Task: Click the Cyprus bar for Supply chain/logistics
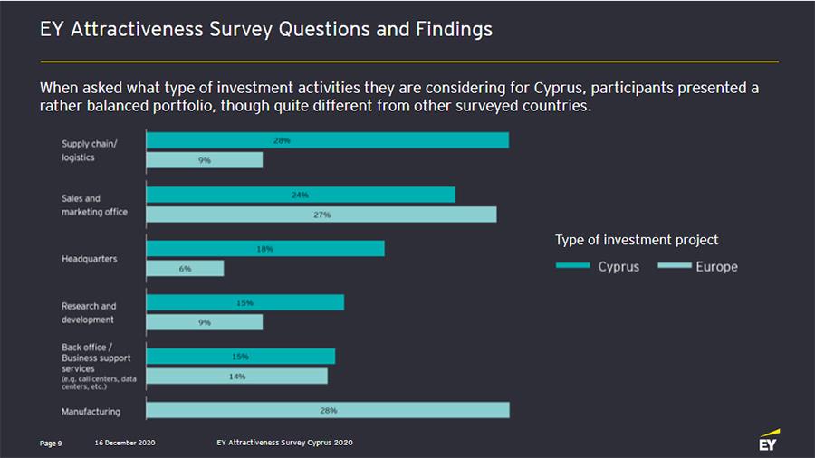point(327,140)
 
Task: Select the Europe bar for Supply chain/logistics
point(205,160)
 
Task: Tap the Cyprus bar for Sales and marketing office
point(301,195)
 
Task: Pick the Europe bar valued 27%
point(321,215)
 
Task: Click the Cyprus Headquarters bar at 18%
point(265,249)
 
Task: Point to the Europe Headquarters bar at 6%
point(185,269)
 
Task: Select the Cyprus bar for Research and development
point(245,302)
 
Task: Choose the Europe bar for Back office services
point(236,376)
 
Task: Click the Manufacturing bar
point(328,410)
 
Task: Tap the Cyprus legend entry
point(598,267)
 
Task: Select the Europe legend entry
point(697,267)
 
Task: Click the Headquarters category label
point(89,259)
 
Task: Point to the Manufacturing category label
point(91,412)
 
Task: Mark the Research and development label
point(89,312)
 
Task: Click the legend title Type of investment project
point(637,240)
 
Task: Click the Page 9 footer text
point(51,443)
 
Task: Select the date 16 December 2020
point(125,443)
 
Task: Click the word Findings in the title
point(452,29)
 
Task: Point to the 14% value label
point(237,376)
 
